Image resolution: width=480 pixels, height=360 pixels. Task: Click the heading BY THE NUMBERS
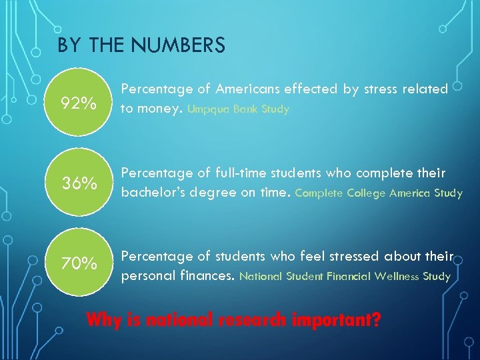141,45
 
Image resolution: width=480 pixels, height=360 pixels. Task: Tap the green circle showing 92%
79,104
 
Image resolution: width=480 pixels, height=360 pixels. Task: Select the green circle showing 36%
79,183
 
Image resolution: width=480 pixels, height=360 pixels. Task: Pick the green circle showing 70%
79,264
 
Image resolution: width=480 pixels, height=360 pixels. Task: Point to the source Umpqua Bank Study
239,109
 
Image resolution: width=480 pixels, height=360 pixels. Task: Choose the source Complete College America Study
379,193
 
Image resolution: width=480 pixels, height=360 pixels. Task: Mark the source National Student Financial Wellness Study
345,276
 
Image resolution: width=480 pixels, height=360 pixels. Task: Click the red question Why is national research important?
234,319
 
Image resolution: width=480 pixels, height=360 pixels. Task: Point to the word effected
313,89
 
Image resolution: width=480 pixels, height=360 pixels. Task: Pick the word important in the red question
339,319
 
